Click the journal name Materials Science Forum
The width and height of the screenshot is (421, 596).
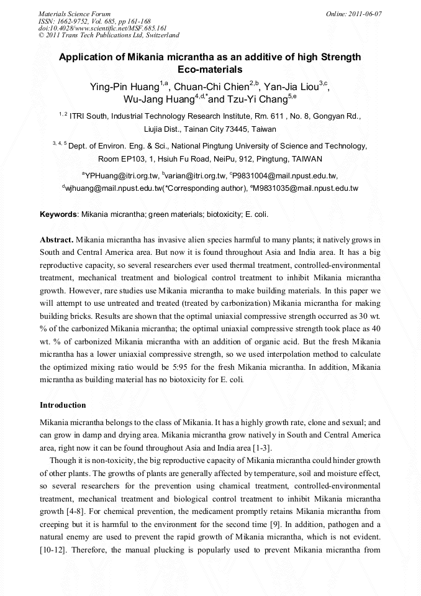click(x=75, y=13)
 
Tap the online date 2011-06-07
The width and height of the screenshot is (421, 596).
click(x=353, y=13)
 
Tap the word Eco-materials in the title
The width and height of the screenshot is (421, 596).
click(x=210, y=69)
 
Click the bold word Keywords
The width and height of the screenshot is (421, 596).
click(x=58, y=214)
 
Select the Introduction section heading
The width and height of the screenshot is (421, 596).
click(x=63, y=405)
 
